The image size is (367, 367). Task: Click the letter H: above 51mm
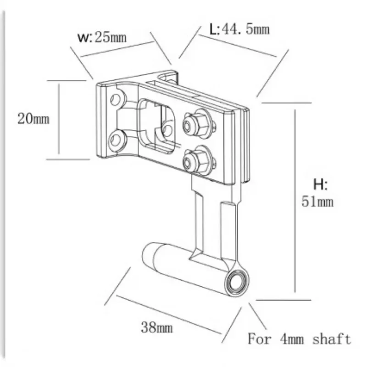[320, 185]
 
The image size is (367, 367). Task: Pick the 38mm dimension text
[157, 328]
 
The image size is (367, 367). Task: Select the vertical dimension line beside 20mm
[59, 119]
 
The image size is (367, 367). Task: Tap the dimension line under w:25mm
[117, 50]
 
